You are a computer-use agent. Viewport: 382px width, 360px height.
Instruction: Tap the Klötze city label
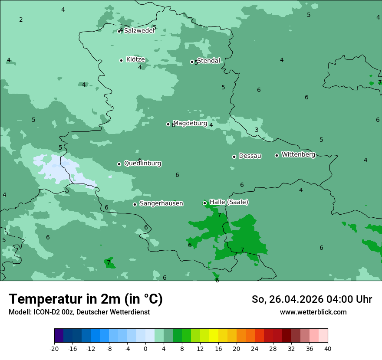point(135,59)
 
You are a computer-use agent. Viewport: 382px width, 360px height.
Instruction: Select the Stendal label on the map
point(209,61)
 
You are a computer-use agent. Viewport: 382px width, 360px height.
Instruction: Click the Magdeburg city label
point(190,123)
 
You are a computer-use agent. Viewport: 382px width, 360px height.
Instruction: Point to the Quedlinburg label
point(142,164)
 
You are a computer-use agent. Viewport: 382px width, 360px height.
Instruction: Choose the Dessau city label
point(250,156)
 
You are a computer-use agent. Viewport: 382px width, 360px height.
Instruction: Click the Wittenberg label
point(298,154)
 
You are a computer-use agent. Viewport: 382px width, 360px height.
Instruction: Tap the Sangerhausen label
point(161,203)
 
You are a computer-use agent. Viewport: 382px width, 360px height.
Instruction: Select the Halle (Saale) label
point(229,202)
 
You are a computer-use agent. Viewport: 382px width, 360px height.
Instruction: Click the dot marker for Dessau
point(234,157)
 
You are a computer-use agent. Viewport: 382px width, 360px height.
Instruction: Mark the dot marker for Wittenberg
point(277,155)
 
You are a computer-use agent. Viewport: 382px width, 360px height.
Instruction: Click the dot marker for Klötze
point(121,60)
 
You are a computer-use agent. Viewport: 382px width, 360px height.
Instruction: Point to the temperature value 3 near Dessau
point(257,130)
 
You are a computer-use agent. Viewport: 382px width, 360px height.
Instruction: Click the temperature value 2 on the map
point(21,20)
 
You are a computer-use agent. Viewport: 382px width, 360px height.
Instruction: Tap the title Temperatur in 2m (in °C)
point(86,299)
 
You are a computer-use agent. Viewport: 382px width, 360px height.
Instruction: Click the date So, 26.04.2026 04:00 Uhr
point(312,299)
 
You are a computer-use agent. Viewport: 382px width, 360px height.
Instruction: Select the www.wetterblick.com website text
point(313,312)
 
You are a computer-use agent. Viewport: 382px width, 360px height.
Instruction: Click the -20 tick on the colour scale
point(54,349)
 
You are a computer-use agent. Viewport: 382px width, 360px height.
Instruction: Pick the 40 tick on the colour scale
point(328,349)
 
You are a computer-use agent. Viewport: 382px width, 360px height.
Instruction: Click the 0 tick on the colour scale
point(145,349)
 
